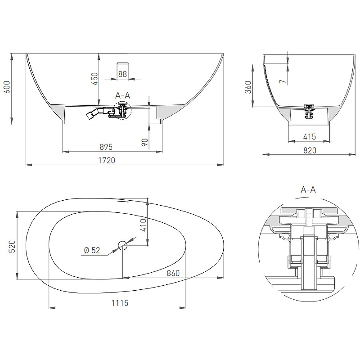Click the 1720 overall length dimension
(x=107, y=160)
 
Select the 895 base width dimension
(x=106, y=147)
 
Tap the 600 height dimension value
(x=7, y=87)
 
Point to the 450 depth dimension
(x=94, y=79)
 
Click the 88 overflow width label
(x=122, y=74)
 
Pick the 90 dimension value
(x=145, y=142)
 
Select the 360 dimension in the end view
(x=248, y=87)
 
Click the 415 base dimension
(x=310, y=137)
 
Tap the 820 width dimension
(x=310, y=150)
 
